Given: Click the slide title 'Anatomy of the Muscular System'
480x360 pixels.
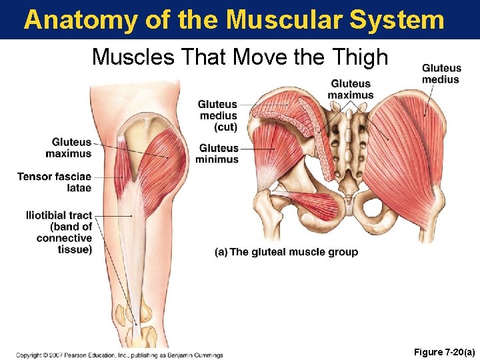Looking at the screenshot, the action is tap(234, 19).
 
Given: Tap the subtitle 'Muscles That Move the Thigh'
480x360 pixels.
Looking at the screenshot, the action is tap(240, 57).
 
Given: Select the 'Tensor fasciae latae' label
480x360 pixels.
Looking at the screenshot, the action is tap(55, 182).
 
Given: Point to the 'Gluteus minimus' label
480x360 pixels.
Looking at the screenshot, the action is tap(217, 153).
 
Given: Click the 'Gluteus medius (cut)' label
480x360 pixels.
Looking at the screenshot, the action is tap(218, 115).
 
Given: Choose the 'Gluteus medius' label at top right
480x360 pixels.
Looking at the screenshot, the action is tap(441, 73).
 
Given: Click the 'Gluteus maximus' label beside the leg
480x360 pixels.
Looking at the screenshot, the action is tap(69, 148).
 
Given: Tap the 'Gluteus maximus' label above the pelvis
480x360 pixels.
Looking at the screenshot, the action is tap(351, 89).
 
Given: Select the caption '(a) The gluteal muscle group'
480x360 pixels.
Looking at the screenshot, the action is tap(286, 252).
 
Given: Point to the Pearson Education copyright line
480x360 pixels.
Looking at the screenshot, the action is tap(119, 355).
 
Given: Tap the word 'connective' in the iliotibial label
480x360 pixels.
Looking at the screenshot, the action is tap(64, 238).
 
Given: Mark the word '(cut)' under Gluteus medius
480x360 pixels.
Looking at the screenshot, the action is tap(225, 127).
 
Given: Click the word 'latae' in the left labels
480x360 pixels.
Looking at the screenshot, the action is tap(79, 188).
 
